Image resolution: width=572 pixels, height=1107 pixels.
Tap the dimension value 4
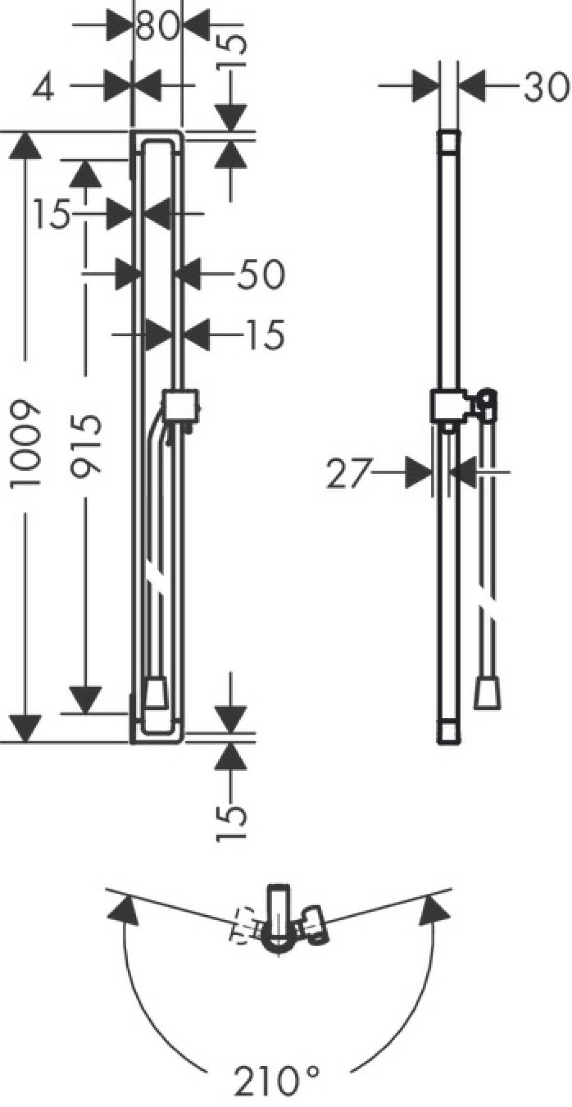coord(43,86)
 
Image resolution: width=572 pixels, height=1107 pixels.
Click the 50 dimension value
coord(260,275)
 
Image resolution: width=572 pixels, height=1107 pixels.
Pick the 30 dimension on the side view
coord(547,87)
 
